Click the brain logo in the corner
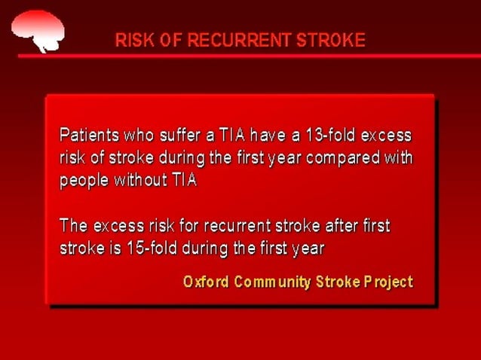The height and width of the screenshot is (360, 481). click(x=38, y=28)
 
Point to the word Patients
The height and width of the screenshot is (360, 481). click(x=87, y=136)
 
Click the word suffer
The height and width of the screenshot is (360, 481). click(x=173, y=136)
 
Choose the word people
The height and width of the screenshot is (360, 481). click(x=84, y=182)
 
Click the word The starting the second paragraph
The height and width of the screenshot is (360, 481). click(x=74, y=226)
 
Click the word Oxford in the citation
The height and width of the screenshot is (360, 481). click(x=205, y=282)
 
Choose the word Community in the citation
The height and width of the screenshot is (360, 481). click(x=271, y=282)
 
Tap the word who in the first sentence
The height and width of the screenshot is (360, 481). click(x=135, y=136)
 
